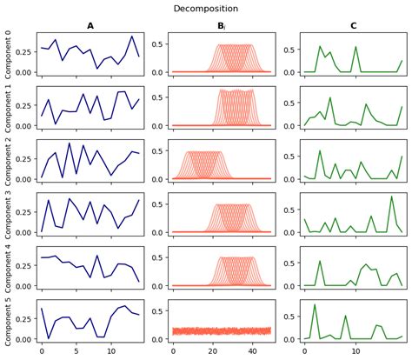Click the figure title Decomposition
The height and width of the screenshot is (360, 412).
tap(206, 8)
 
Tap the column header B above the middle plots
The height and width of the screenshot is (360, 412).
tap(222, 27)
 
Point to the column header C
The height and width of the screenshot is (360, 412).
tap(352, 27)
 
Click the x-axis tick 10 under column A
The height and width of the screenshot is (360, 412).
tap(110, 351)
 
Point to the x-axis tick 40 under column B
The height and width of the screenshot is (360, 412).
tap(252, 351)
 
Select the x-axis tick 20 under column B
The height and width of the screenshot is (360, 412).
tap(212, 351)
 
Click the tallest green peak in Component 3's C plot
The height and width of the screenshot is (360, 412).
tap(392, 197)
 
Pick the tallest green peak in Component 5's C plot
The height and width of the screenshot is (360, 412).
tap(315, 304)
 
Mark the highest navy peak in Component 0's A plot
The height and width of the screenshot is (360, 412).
tap(132, 37)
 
